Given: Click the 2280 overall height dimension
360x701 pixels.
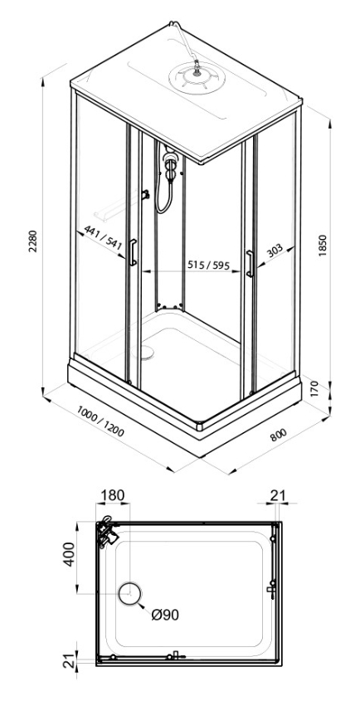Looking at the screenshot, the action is (33, 241).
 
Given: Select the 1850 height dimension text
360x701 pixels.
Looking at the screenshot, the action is (324, 246).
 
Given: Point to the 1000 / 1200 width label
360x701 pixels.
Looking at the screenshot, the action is (100, 421).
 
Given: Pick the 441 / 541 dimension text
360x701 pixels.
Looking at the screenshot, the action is (104, 238).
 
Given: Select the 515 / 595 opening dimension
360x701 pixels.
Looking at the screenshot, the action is (207, 265).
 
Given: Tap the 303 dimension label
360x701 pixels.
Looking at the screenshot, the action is (275, 251).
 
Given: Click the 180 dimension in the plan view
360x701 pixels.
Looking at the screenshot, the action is (112, 495).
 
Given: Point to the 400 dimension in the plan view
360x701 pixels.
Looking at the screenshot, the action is (69, 554).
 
